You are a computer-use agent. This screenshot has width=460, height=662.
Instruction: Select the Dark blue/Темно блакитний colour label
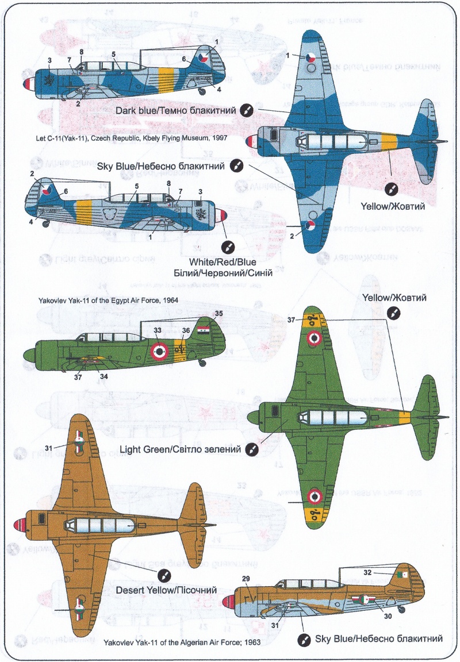(175, 110)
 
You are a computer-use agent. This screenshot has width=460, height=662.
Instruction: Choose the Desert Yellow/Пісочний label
(166, 590)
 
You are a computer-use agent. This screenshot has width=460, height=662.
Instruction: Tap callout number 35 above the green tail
(218, 314)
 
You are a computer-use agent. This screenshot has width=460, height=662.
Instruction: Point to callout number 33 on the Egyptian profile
(156, 330)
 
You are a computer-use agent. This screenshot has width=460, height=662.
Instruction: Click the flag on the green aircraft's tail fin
(204, 332)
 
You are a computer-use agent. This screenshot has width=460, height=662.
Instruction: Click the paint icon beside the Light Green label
(251, 449)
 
